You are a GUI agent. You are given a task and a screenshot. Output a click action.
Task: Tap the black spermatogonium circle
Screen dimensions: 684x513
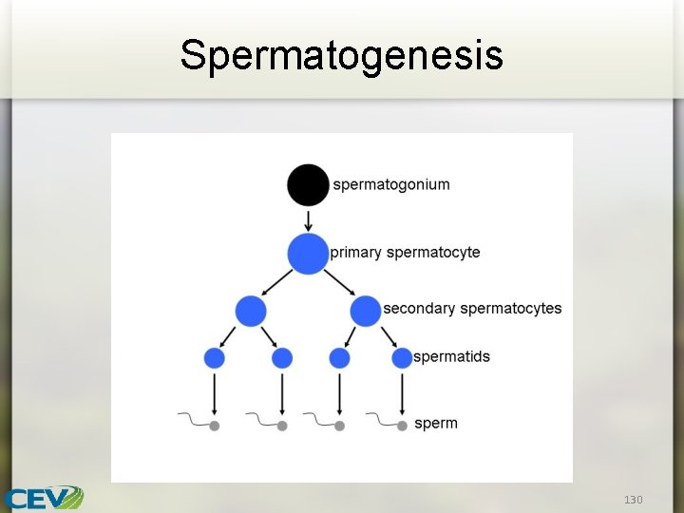pos(308,184)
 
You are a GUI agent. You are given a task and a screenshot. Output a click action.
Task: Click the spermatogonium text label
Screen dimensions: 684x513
pos(391,184)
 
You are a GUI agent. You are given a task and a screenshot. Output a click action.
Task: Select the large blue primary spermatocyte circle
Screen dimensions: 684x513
pos(308,254)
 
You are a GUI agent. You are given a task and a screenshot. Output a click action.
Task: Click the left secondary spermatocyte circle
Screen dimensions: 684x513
pos(251,311)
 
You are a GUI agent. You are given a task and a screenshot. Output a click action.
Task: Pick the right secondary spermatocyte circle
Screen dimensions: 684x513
pos(365,311)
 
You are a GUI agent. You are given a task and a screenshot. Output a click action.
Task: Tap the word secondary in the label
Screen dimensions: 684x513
pos(419,309)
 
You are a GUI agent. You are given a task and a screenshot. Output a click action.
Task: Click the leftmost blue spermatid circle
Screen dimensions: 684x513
pos(215,358)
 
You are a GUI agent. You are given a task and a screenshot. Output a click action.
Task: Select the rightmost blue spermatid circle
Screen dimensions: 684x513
pos(402,358)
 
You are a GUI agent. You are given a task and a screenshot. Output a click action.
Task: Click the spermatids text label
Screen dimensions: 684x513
pos(451,357)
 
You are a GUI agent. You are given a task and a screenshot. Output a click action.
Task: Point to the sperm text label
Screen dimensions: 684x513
pos(436,424)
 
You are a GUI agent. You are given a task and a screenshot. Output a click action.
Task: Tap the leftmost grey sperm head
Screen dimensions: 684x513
pos(215,426)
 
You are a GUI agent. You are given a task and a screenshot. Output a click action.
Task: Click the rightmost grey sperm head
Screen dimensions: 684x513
pos(402,426)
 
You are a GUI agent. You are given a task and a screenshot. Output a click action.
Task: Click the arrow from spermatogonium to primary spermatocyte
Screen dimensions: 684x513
pos(308,219)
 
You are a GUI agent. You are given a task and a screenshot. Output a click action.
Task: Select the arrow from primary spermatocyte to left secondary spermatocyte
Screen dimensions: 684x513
pos(277,282)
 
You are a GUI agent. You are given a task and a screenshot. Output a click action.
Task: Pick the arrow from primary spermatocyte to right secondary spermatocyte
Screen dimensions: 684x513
pos(338,282)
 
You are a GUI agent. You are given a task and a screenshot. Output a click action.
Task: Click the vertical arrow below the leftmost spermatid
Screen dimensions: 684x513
pos(215,391)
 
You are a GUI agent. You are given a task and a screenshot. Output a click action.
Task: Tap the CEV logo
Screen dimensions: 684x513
pos(43,498)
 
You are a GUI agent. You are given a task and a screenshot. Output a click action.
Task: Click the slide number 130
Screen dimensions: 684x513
pos(633,499)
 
